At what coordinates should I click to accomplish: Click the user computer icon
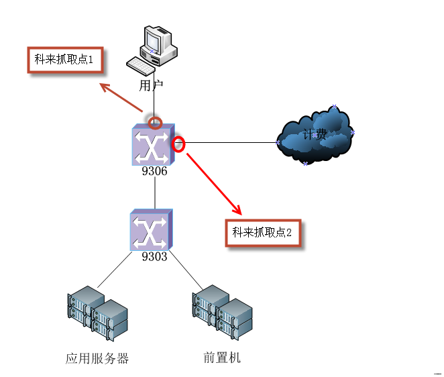point(155,47)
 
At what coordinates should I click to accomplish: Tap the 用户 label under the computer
point(151,85)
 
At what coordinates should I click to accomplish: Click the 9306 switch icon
point(154,144)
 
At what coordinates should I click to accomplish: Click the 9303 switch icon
point(152,229)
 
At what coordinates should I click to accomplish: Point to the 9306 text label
point(154,171)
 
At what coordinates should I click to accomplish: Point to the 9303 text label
point(154,256)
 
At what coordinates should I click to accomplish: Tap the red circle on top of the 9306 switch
point(155,122)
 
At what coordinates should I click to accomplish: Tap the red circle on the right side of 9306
point(179,143)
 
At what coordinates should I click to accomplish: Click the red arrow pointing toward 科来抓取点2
point(213,182)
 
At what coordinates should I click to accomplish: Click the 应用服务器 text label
point(97,358)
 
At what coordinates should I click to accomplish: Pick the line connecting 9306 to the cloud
point(228,142)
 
